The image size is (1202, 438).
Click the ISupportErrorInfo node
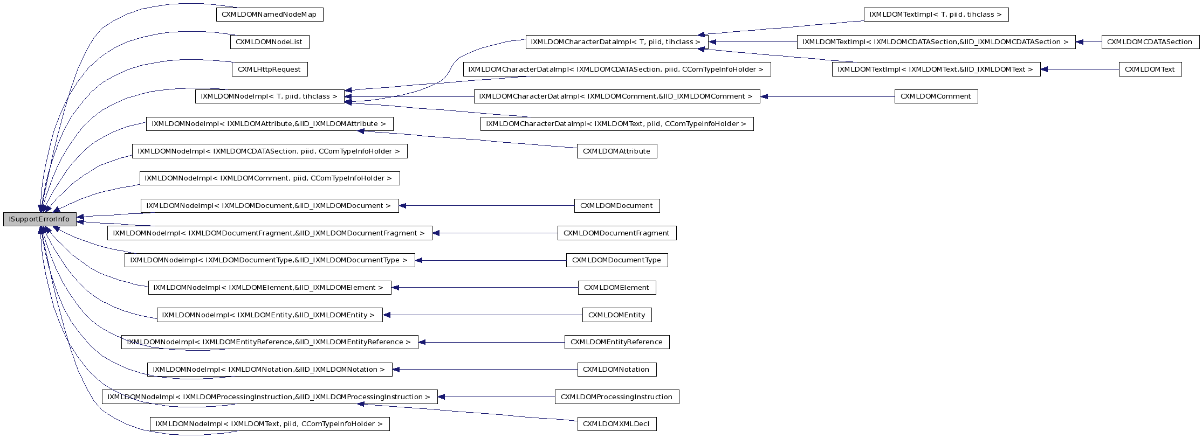(39, 219)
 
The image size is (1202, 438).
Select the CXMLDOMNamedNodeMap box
(269, 15)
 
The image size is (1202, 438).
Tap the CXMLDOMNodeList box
(269, 42)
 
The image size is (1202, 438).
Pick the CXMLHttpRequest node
(269, 69)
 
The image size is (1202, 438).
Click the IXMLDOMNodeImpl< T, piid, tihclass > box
(269, 97)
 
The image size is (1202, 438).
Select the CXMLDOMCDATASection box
(1150, 42)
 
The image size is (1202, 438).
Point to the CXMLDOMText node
(1150, 69)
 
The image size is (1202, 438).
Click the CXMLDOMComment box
(936, 97)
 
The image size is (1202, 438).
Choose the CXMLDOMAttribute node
(616, 151)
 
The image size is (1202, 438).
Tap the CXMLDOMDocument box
(616, 206)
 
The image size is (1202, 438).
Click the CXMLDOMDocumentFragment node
(616, 233)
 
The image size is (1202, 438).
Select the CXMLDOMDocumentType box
(616, 260)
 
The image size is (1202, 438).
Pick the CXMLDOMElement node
(616, 288)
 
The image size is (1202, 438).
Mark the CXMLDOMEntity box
(616, 315)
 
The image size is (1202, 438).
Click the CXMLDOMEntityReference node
(616, 342)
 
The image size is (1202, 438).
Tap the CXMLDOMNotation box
(616, 370)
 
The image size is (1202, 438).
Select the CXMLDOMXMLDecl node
(616, 424)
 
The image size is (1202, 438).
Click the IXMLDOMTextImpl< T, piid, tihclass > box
(936, 15)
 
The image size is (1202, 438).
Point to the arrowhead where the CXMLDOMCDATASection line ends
(1080, 42)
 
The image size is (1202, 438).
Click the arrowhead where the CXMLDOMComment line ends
(764, 97)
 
